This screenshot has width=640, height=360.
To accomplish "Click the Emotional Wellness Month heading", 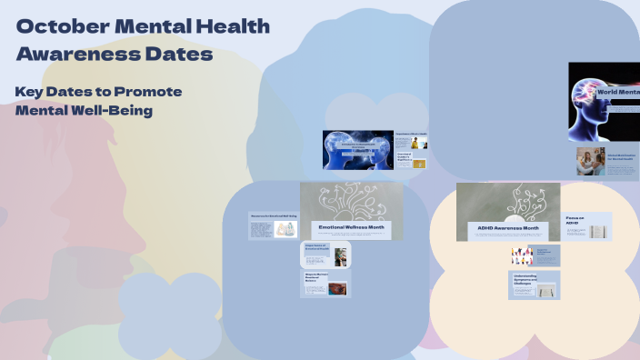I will pyautogui.click(x=352, y=227).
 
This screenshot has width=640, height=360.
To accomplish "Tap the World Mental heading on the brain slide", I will pyautogui.click(x=618, y=92).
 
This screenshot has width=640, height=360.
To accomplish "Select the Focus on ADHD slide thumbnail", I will pyautogui.click(x=586, y=226).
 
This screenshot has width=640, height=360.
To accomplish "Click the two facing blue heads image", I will pyautogui.click(x=357, y=150).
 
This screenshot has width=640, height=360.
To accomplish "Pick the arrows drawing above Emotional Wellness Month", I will pyautogui.click(x=352, y=201).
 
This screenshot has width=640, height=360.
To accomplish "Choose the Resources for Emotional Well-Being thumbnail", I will pyautogui.click(x=273, y=226).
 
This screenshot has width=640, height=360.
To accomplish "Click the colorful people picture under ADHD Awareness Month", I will pyautogui.click(x=521, y=255).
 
